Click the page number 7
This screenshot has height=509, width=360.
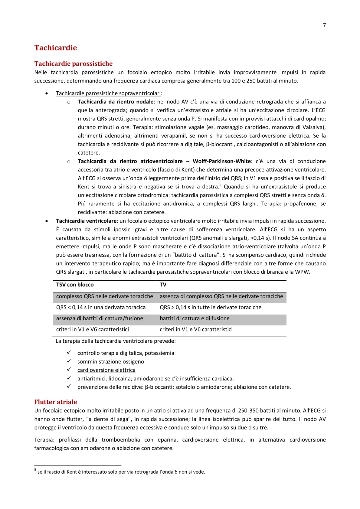click(x=324, y=25)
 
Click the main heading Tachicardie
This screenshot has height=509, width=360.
click(x=56, y=48)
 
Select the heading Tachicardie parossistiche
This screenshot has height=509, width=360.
click(x=73, y=64)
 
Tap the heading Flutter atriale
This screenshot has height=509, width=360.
click(x=56, y=402)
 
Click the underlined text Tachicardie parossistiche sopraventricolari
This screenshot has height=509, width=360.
click(x=108, y=93)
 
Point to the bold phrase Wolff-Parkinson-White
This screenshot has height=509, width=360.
click(x=222, y=161)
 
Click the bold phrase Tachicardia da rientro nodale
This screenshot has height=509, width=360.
click(x=116, y=102)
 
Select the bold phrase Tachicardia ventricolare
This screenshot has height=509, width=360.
click(x=86, y=221)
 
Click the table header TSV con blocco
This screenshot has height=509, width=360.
click(x=75, y=285)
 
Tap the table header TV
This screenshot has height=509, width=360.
click(x=163, y=285)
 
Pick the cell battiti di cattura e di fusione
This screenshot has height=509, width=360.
click(x=195, y=318)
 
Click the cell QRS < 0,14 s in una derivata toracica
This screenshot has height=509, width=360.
click(x=101, y=307)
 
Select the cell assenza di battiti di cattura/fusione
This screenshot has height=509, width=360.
click(x=100, y=318)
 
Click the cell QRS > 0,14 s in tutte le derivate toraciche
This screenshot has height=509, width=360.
click(x=210, y=307)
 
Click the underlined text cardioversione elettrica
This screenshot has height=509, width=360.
click(x=106, y=370)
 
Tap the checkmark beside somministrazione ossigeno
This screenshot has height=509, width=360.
click(x=69, y=361)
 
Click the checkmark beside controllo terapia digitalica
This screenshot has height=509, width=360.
click(x=69, y=353)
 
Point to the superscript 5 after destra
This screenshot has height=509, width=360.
click(x=220, y=184)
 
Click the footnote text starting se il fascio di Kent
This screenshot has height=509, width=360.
click(x=121, y=472)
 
